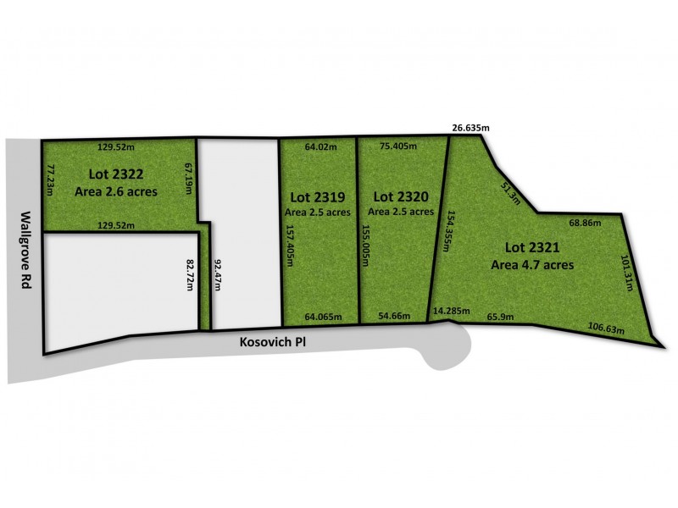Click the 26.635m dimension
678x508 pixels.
point(470,128)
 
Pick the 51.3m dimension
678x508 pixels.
point(511,192)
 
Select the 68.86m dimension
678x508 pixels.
point(585,224)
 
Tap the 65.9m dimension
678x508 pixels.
point(502,317)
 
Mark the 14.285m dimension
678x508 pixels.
point(450,311)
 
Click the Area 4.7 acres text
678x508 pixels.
point(532,264)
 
